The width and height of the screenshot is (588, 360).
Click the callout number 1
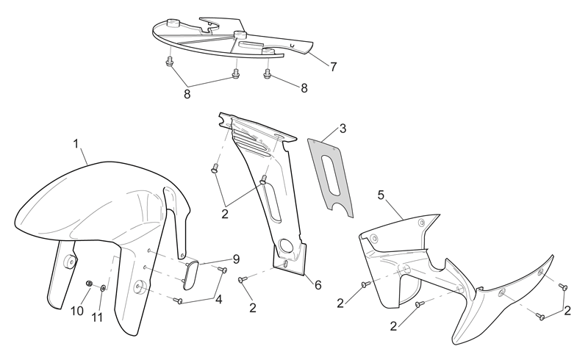76,143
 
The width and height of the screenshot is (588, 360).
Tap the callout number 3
343,129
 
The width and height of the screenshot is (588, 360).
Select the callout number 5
381,195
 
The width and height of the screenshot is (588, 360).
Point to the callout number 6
318,285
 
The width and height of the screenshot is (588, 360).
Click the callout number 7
334,67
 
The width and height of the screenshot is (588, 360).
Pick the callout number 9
236,259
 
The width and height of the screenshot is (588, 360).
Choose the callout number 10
77,311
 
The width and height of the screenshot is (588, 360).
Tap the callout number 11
97,317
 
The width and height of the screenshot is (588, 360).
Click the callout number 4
218,299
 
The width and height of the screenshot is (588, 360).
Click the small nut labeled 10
89,283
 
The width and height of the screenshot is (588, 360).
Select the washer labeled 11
103,289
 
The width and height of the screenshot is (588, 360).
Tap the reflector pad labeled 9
192,276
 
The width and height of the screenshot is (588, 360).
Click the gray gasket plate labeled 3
331,177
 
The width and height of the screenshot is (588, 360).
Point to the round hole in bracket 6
287,246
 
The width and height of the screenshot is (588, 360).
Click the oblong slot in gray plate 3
331,176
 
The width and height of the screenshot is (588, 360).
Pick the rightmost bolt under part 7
268,74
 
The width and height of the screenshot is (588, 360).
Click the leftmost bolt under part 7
169,62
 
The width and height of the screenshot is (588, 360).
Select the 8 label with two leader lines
187,94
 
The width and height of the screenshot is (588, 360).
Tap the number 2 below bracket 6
253,308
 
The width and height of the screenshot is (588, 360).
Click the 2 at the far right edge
567,311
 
